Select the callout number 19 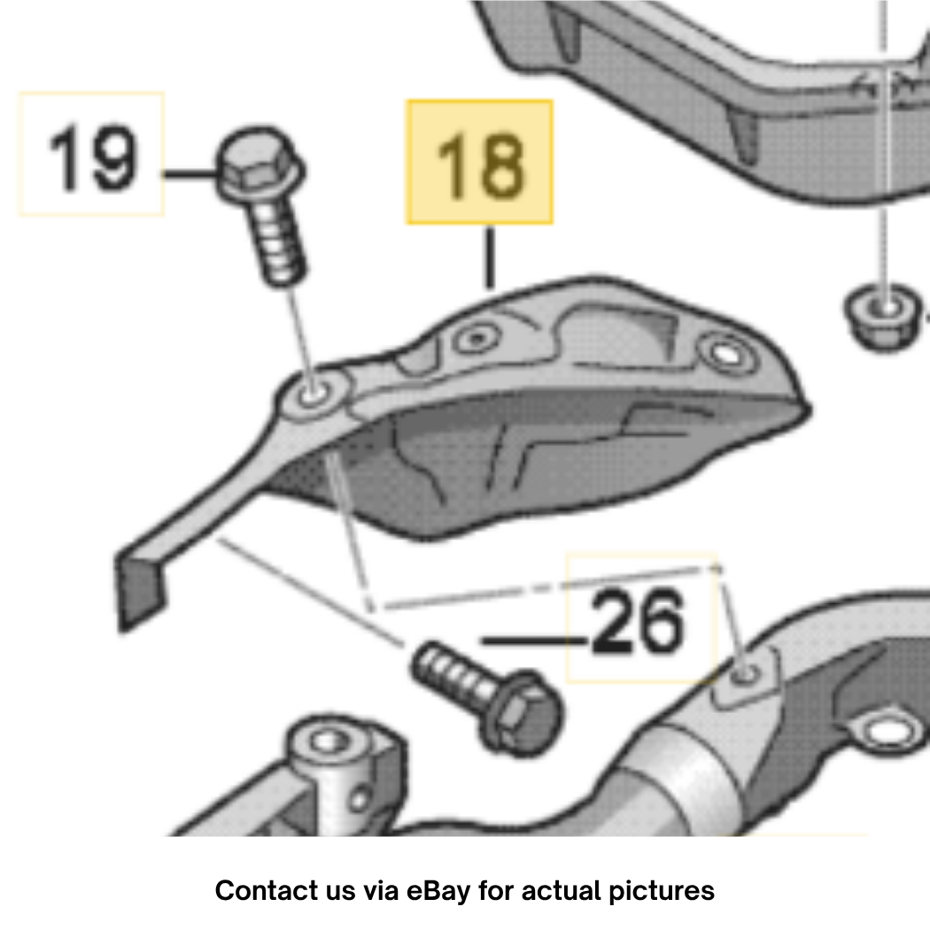[92, 158]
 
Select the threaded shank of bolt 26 [454, 675]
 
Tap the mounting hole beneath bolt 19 [313, 392]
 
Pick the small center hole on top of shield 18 [477, 339]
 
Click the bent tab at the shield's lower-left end [140, 590]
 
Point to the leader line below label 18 [489, 258]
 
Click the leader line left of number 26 [535, 640]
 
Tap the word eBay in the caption [438, 891]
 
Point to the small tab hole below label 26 [745, 674]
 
